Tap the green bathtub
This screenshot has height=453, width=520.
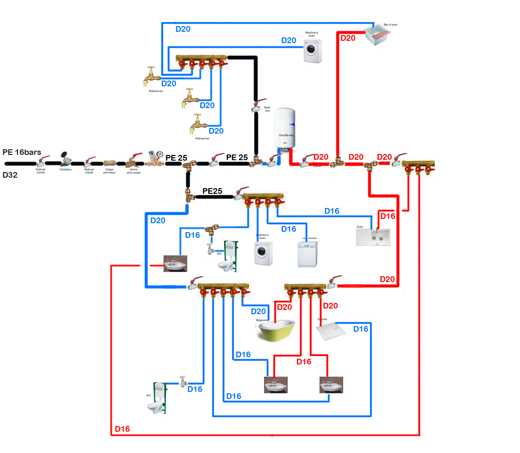277,330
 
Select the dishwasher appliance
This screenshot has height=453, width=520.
307,254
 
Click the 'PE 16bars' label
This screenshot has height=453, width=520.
22,152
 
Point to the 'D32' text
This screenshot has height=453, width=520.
10,175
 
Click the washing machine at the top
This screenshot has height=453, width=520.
312,51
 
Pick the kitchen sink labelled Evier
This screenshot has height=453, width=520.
374,236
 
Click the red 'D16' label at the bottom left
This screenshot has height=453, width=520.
122,429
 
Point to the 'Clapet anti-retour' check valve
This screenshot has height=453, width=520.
109,163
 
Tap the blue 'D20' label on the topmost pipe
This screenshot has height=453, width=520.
183,29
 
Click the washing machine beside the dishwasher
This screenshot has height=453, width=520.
264,254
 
